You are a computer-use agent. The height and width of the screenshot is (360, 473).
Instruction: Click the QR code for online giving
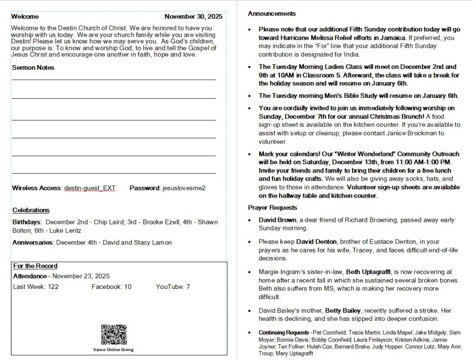tap(114, 335)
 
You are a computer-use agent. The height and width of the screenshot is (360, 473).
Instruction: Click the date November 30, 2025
tap(193, 17)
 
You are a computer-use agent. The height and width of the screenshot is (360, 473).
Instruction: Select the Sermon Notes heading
tap(33, 67)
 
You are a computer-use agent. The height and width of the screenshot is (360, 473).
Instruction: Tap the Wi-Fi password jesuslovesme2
tap(184, 188)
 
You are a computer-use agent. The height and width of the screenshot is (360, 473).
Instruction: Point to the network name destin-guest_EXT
tap(90, 188)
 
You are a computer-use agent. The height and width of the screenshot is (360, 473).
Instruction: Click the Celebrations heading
tap(31, 210)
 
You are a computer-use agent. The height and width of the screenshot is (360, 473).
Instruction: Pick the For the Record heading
tap(35, 266)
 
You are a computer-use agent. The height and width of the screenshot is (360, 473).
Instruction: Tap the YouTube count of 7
tap(188, 287)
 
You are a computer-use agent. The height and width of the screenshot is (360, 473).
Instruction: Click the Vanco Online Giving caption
tap(114, 349)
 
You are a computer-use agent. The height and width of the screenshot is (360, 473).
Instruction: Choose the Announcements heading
tap(272, 13)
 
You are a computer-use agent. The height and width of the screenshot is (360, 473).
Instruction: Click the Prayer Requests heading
tap(273, 207)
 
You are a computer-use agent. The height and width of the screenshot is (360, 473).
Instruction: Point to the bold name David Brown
tap(277, 220)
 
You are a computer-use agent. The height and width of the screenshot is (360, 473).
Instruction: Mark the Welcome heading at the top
tap(25, 17)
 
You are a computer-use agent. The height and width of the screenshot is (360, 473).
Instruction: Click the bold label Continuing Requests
tap(284, 332)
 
